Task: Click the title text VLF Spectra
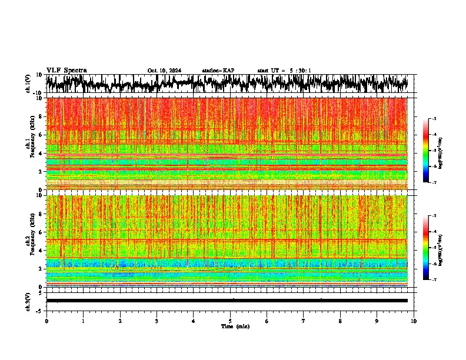66,71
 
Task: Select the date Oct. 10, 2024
164,71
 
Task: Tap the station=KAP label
218,71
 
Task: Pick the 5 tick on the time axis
230,321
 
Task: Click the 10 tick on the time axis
414,321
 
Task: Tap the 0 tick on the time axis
46,321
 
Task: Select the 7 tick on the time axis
304,321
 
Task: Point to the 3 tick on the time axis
157,321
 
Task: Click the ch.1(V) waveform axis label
28,84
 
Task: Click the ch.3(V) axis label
28,300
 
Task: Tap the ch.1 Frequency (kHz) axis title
29,144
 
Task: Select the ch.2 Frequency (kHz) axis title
29,241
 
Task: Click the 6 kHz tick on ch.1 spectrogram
41,135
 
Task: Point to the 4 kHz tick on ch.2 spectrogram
41,250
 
